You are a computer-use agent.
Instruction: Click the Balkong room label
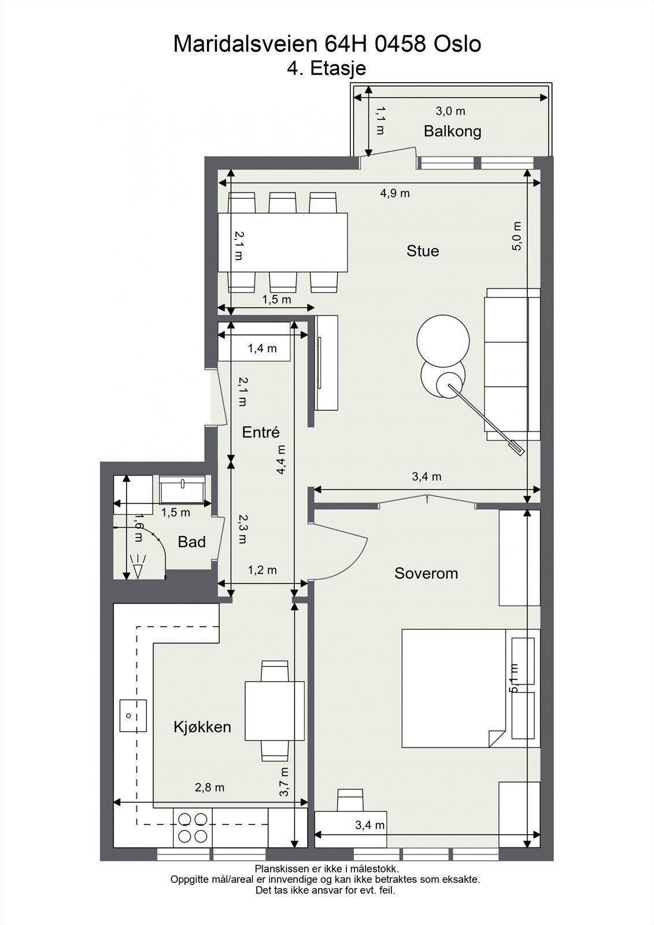click(x=452, y=131)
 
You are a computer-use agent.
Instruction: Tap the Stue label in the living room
click(x=423, y=251)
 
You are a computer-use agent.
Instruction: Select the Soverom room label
click(x=426, y=573)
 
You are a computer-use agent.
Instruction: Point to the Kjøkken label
click(x=202, y=727)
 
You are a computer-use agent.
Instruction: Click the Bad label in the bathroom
click(x=192, y=542)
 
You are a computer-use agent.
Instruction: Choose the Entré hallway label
click(x=261, y=432)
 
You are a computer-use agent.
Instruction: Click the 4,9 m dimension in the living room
click(x=395, y=193)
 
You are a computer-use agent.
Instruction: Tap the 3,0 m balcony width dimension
click(x=450, y=111)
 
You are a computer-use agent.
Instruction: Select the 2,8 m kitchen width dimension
click(x=209, y=787)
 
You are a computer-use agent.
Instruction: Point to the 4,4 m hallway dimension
click(x=281, y=460)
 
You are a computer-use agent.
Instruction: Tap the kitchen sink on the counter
click(x=133, y=716)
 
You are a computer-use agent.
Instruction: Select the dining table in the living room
click(x=283, y=242)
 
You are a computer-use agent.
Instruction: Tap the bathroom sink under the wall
click(x=182, y=490)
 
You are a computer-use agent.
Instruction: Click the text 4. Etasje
click(x=326, y=68)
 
